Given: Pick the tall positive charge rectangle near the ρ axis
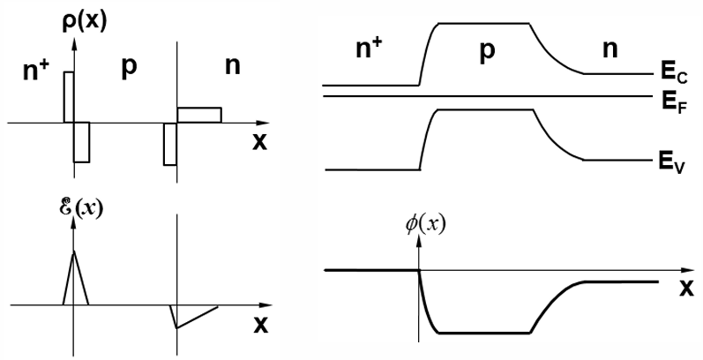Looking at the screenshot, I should coord(68,97).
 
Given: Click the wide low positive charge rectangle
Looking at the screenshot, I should coord(198,115).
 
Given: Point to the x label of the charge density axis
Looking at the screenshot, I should coord(259,143).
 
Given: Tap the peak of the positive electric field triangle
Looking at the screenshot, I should coord(74,251).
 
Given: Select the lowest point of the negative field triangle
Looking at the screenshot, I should coord(177,327).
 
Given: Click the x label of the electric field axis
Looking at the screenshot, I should coord(259,324).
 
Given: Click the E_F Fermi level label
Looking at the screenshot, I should coord(671,101).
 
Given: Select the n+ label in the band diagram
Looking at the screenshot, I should coord(369,52).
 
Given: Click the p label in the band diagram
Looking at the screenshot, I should coord(487,51).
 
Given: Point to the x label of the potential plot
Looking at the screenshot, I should coord(685,288).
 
